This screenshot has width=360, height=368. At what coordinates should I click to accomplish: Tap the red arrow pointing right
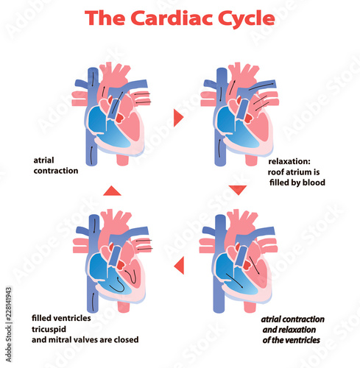pos(177,117)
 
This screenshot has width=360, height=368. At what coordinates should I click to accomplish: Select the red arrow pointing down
pos(236,190)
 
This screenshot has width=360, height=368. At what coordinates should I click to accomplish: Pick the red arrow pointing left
pos(177,264)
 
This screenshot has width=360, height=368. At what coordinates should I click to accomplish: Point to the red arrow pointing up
pos(111,191)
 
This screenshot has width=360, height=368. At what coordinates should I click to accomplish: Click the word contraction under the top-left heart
pos(55,170)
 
